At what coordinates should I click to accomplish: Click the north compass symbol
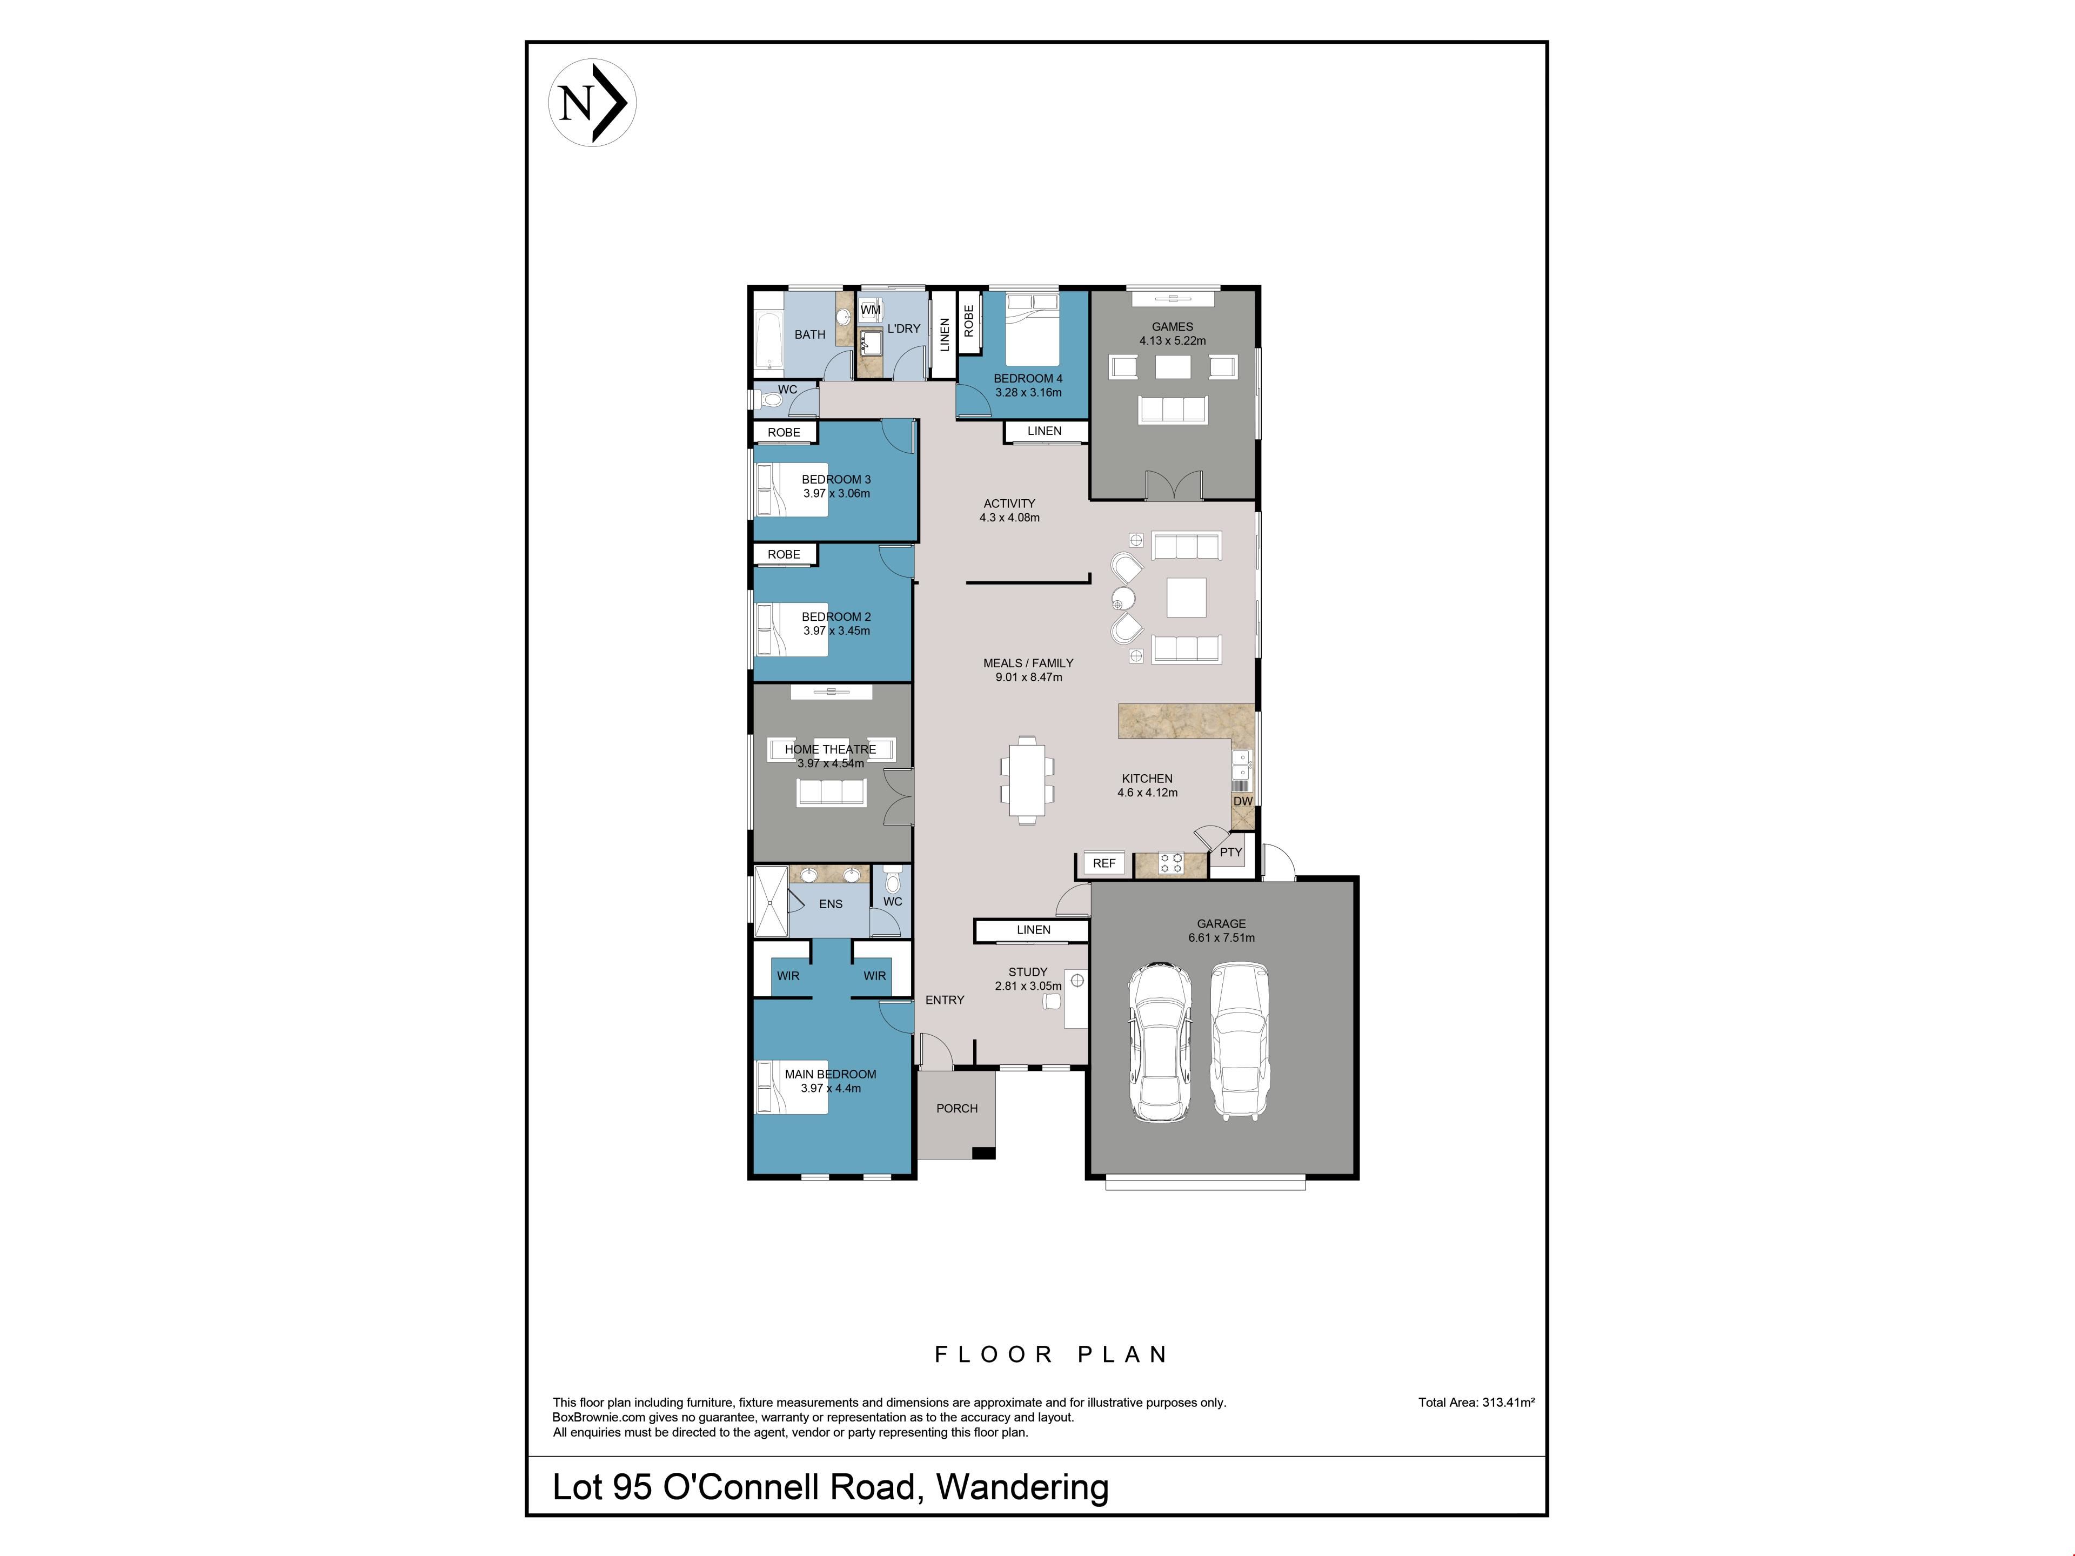pos(592,102)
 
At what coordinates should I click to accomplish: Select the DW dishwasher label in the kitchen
pos(1242,801)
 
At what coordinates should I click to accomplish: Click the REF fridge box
pos(1104,863)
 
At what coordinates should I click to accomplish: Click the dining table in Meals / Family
pos(1027,780)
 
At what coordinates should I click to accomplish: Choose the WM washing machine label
pos(871,310)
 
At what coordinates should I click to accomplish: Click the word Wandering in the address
pos(1022,1487)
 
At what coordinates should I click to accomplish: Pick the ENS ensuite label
pos(831,904)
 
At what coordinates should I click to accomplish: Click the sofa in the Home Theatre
pos(831,793)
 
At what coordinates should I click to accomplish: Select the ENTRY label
pos(945,1000)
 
